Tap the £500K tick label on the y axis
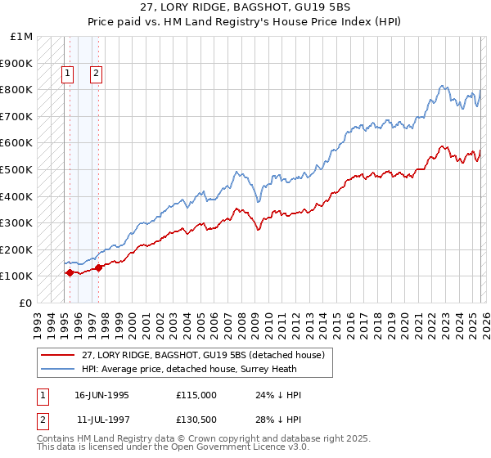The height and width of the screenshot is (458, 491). point(16,169)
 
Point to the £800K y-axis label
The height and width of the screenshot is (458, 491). point(16,89)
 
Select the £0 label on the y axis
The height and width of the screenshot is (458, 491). point(25,303)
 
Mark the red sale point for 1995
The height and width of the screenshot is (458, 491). point(70,272)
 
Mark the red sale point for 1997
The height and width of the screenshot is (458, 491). point(98,267)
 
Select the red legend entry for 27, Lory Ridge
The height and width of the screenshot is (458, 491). point(203,355)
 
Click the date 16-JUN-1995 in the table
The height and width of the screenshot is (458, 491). point(101,395)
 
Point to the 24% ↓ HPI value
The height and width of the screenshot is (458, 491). point(278,395)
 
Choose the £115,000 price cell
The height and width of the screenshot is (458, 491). point(196,395)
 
